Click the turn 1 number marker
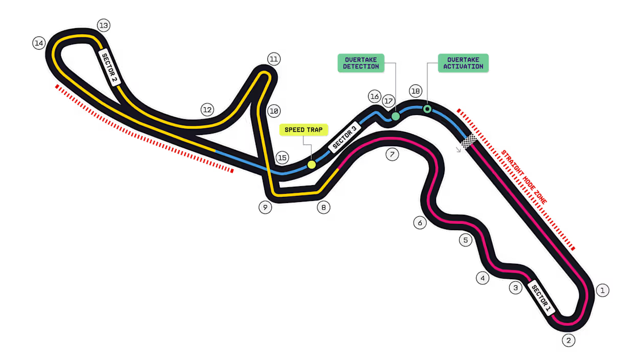pyautogui.click(x=603, y=290)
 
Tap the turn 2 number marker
pyautogui.click(x=568, y=340)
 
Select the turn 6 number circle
pyautogui.click(x=420, y=223)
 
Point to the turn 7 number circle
pyautogui.click(x=392, y=154)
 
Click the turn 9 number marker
pyautogui.click(x=265, y=208)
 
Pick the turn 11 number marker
pyautogui.click(x=274, y=59)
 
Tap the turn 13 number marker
pyautogui.click(x=104, y=25)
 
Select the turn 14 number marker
pyautogui.click(x=39, y=43)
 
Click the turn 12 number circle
pyautogui.click(x=207, y=109)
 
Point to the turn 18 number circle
pyautogui.click(x=415, y=92)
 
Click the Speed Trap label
pyautogui.click(x=304, y=130)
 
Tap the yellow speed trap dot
pyautogui.click(x=311, y=165)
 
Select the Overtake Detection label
pyautogui.click(x=361, y=63)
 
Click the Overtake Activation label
pyautogui.click(x=463, y=63)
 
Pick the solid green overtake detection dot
pyautogui.click(x=396, y=117)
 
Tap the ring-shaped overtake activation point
pyautogui.click(x=427, y=109)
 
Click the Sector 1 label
pyautogui.click(x=540, y=298)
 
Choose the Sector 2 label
pyautogui.click(x=109, y=69)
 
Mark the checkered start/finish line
pyautogui.click(x=469, y=141)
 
